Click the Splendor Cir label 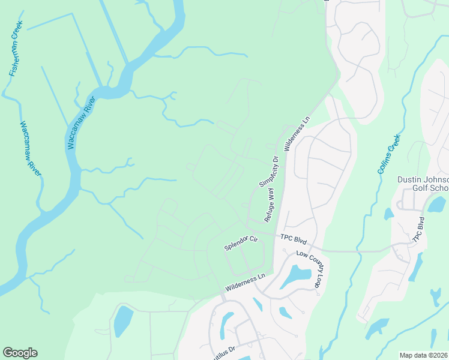click(x=241, y=242)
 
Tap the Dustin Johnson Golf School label click(x=423, y=184)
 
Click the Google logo click(x=20, y=353)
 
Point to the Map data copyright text click(x=424, y=355)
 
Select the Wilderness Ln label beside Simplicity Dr click(x=297, y=133)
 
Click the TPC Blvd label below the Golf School click(x=418, y=228)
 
